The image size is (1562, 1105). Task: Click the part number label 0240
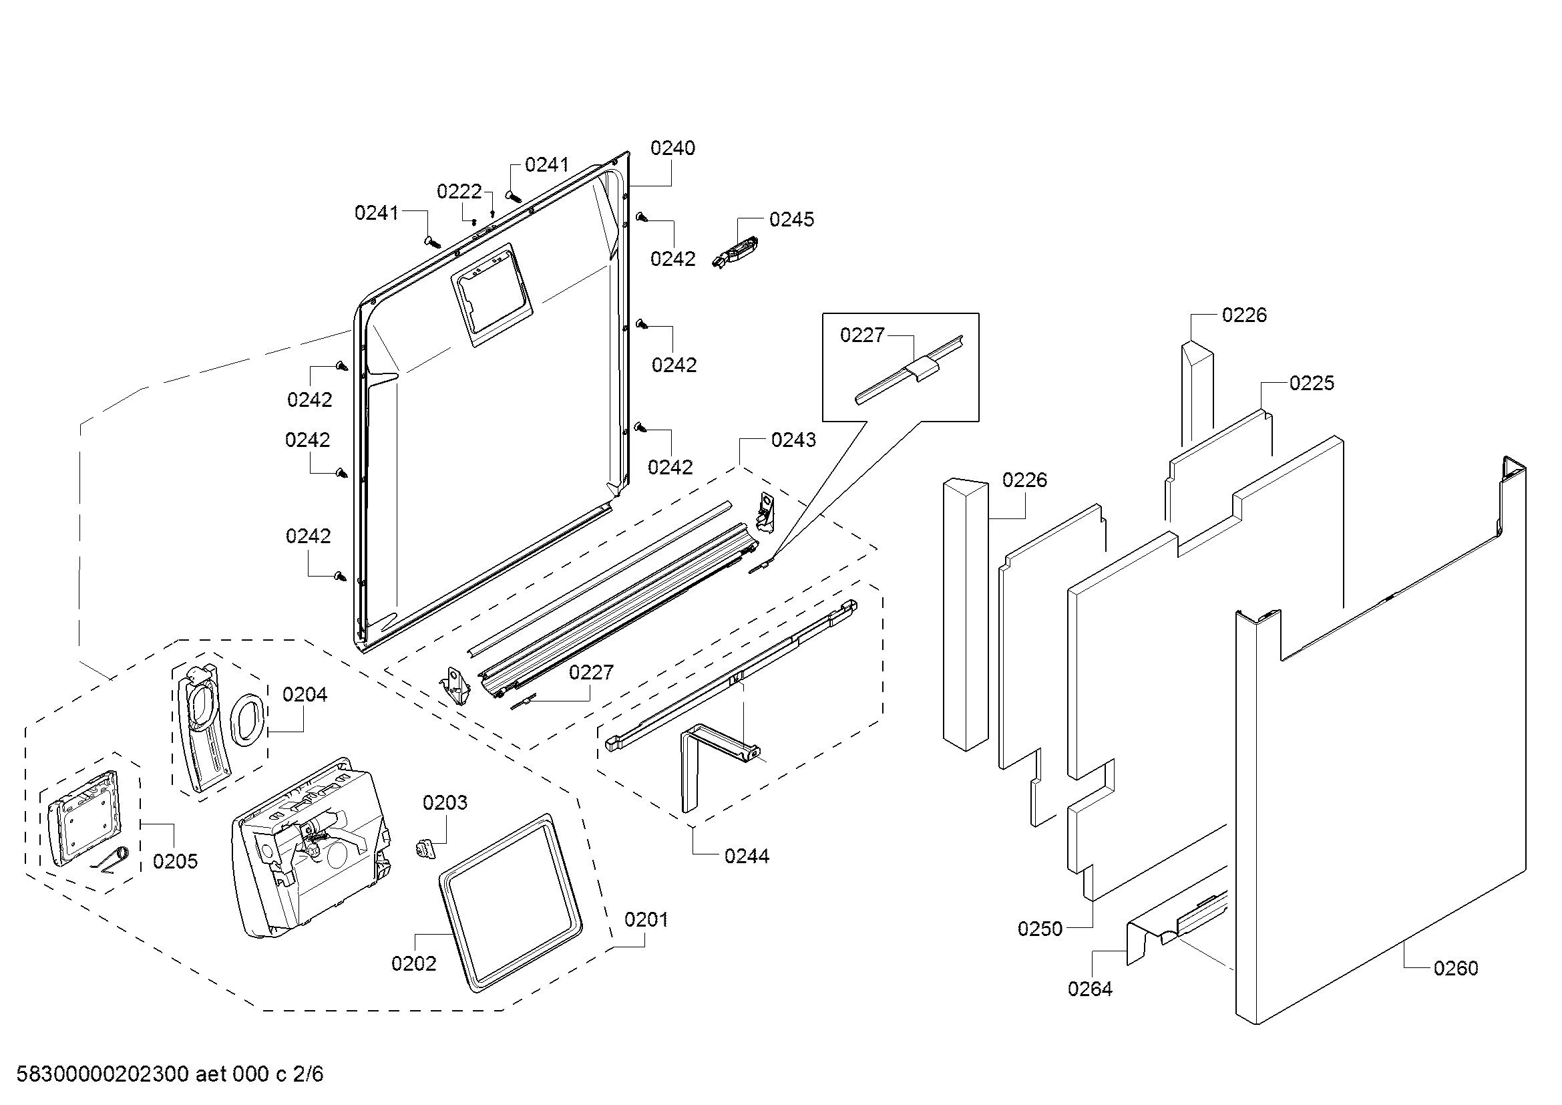click(672, 148)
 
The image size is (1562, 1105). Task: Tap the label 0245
click(791, 219)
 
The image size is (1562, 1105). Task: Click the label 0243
click(793, 440)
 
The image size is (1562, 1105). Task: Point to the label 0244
click(747, 856)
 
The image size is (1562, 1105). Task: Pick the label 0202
click(413, 963)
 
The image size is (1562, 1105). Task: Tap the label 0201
click(646, 920)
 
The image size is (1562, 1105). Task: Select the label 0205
click(175, 861)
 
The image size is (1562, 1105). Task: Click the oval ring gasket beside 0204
click(246, 717)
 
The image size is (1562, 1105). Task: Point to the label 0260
click(1455, 968)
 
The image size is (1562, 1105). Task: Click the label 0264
click(1090, 989)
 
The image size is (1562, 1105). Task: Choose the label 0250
click(1040, 929)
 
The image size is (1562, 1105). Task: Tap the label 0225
click(1312, 383)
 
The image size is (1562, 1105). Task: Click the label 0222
click(459, 191)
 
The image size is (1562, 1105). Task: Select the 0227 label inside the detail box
click(862, 335)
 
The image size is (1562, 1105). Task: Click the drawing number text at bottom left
click(170, 1074)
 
